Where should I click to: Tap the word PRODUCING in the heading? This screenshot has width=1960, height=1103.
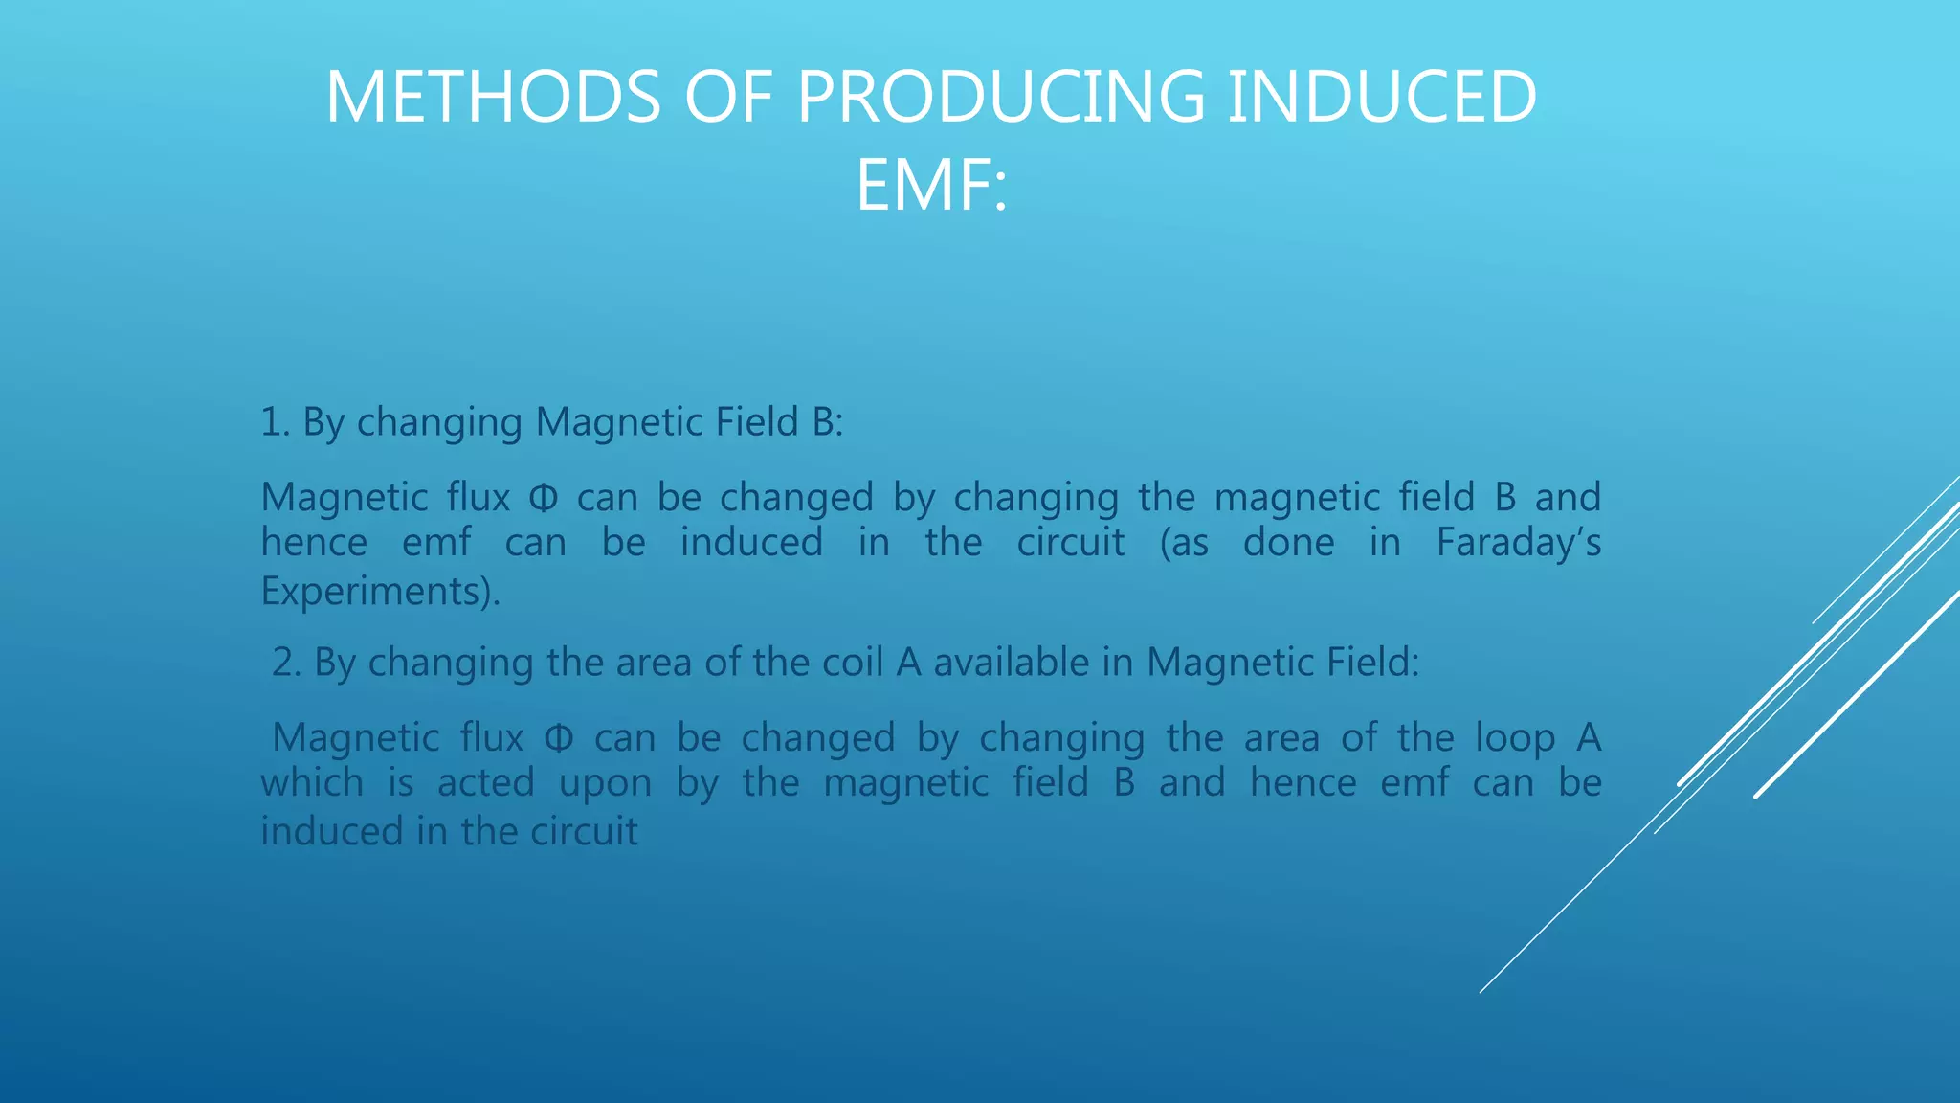tap(1000, 98)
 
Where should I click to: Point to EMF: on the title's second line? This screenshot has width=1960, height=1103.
tap(931, 186)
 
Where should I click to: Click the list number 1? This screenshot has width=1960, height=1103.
tap(275, 422)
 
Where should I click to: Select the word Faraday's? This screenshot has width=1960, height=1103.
tap(1518, 543)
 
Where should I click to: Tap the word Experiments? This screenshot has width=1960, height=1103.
tap(375, 591)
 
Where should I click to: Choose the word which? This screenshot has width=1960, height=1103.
tap(312, 783)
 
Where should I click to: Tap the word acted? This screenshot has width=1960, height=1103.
tap(485, 783)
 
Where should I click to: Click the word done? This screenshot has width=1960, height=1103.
tap(1288, 543)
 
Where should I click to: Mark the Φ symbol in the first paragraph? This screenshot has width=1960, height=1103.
tap(543, 498)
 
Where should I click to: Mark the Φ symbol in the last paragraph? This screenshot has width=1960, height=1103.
tap(559, 738)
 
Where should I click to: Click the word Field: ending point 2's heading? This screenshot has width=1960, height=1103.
tap(1372, 663)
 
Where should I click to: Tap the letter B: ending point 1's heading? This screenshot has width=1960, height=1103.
tap(827, 422)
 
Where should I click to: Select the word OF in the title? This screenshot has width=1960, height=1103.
tap(727, 98)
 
